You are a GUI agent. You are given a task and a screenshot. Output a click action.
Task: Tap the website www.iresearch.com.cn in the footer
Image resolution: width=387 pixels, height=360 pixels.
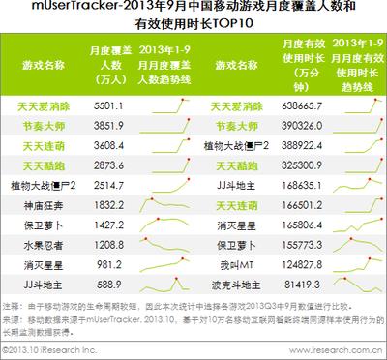(343, 349)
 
